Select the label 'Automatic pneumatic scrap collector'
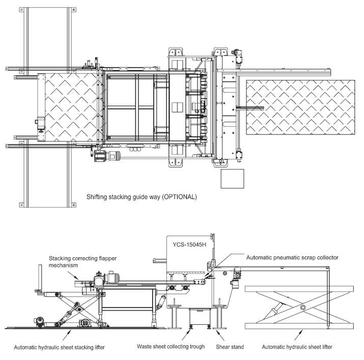(292, 258)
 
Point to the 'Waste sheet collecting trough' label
(171, 347)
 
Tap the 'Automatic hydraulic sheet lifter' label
(296, 347)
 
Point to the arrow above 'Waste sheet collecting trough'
(188, 333)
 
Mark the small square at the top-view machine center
(177, 106)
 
